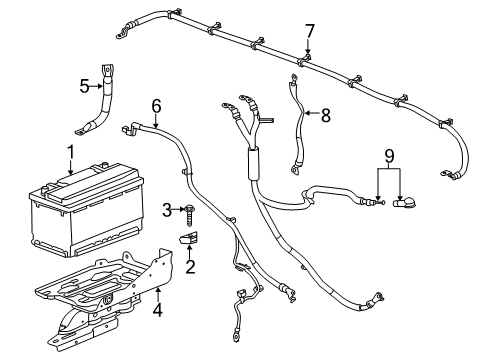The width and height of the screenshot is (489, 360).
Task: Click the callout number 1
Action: tap(69, 152)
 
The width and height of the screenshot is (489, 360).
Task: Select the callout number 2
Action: tap(189, 266)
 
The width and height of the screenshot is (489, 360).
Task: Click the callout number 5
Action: tap(84, 86)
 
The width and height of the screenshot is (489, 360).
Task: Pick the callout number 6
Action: tap(156, 106)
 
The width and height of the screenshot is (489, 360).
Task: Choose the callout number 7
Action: tap(309, 31)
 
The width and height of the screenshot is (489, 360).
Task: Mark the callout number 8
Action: tap(324, 114)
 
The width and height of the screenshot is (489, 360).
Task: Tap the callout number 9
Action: tap(389, 157)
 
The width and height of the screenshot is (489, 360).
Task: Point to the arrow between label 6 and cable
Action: tap(156, 120)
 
